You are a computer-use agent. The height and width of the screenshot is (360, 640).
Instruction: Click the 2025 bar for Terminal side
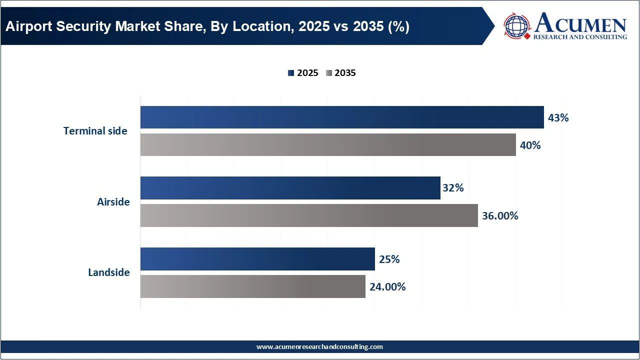pyautogui.click(x=341, y=117)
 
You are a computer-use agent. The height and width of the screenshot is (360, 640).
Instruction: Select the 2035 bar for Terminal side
pyautogui.click(x=327, y=145)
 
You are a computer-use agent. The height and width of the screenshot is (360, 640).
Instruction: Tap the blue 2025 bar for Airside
pyautogui.click(x=290, y=188)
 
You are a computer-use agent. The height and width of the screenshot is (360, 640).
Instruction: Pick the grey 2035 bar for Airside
pyautogui.click(x=308, y=215)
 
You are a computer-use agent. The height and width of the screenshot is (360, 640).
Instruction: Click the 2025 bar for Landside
pyautogui.click(x=257, y=259)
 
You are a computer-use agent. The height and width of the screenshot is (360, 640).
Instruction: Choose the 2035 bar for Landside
pyautogui.click(x=252, y=286)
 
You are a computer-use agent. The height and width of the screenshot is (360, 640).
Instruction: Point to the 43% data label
pyautogui.click(x=558, y=118)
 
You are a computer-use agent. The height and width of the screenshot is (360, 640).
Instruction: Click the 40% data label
pyautogui.click(x=530, y=145)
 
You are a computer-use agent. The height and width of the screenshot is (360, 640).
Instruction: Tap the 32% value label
pyautogui.click(x=453, y=188)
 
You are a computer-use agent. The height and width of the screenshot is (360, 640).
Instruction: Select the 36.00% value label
pyautogui.click(x=500, y=216)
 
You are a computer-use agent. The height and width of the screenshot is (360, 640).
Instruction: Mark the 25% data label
pyautogui.click(x=389, y=259)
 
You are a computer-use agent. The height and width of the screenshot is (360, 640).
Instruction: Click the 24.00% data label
pyautogui.click(x=387, y=287)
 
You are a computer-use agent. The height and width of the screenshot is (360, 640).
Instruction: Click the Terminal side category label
pyautogui.click(x=95, y=131)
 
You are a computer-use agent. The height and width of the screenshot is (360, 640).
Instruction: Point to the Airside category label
pyautogui.click(x=113, y=202)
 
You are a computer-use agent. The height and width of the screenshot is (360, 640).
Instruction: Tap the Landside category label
pyautogui.click(x=109, y=272)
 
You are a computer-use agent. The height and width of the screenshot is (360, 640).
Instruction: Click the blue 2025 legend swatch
pyautogui.click(x=291, y=73)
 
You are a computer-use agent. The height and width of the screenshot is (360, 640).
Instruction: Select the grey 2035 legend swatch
pyautogui.click(x=328, y=73)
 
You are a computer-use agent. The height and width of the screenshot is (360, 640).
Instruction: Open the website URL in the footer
pyautogui.click(x=319, y=346)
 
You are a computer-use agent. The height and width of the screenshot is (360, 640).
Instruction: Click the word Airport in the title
pyautogui.click(x=27, y=26)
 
